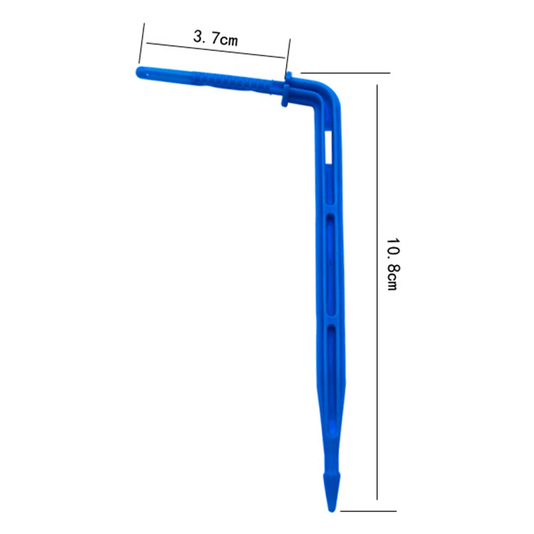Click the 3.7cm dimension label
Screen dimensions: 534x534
216,38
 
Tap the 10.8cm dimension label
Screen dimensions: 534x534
392,264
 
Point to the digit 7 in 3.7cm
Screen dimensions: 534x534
215,37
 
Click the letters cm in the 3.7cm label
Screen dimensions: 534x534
229,40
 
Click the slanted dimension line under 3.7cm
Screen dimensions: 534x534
216,50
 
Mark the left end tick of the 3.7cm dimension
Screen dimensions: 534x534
142,43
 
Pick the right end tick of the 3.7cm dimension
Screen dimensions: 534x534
288,59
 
